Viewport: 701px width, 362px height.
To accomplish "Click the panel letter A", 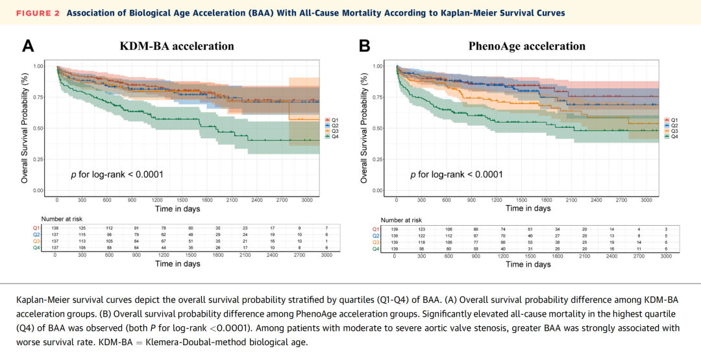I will (x=28, y=46).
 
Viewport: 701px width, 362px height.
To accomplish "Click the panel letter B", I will (x=364, y=46).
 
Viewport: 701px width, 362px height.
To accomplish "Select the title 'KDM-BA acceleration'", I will (x=177, y=46).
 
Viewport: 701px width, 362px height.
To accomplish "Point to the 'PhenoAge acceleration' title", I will (x=526, y=46).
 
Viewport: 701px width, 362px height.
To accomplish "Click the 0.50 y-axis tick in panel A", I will (x=40, y=128).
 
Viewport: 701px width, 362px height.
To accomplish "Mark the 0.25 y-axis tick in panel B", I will (x=377, y=160).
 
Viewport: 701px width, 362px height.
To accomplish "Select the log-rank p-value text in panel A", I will (x=117, y=175).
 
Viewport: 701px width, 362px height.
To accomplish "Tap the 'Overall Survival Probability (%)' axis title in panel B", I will (x=363, y=128).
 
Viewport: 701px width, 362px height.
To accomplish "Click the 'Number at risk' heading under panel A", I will (x=62, y=219).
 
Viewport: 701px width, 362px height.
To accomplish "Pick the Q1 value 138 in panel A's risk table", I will (x=55, y=228).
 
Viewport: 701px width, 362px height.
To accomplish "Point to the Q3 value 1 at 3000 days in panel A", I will (x=326, y=241).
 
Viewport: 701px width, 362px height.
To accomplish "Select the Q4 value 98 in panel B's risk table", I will (x=421, y=249).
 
